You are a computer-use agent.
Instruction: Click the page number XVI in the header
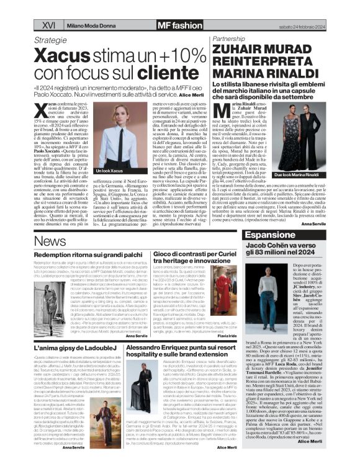point(49,24)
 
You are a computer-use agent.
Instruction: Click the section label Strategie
point(50,38)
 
